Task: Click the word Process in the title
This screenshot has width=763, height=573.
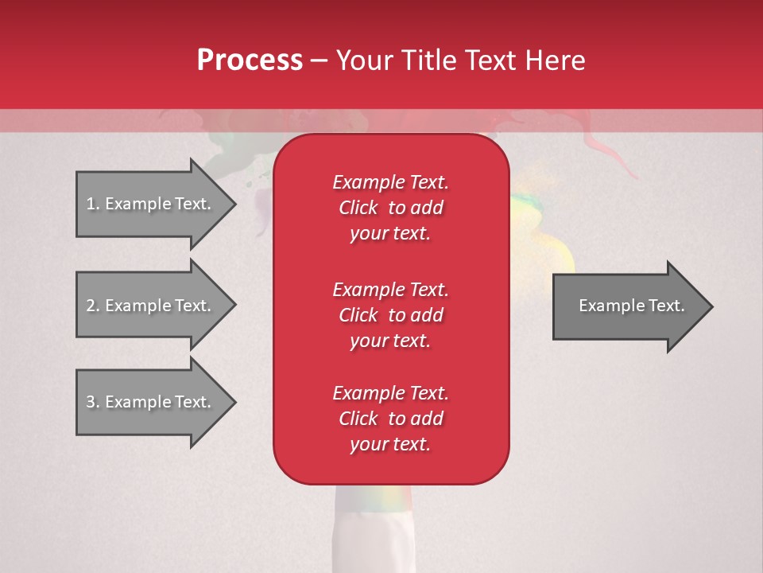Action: point(250,60)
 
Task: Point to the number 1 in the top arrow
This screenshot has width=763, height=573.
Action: point(91,204)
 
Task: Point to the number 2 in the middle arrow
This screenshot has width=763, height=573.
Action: point(91,306)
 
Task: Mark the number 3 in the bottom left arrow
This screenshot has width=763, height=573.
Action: point(91,402)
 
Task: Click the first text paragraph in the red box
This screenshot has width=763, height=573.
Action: point(390,208)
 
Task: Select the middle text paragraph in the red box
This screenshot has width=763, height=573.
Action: point(390,315)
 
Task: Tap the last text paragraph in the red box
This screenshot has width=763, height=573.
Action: point(390,419)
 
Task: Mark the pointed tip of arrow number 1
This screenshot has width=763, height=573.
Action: point(234,205)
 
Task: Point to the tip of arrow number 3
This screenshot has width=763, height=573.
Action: point(234,403)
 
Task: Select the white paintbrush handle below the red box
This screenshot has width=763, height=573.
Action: point(374,529)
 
